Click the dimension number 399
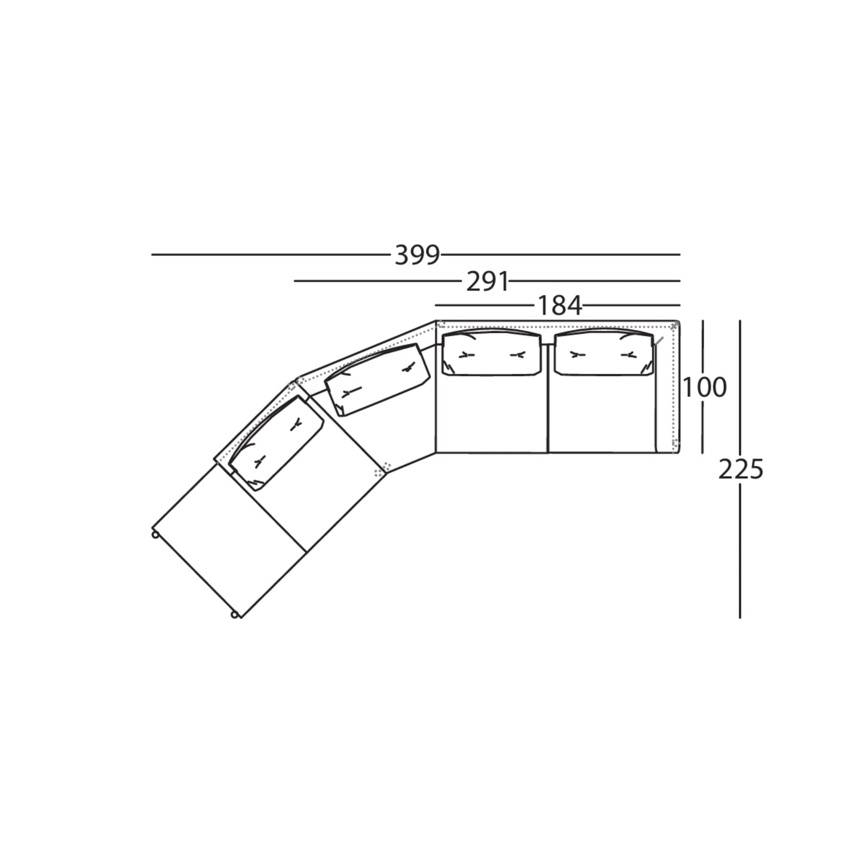point(417,256)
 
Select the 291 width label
point(487,282)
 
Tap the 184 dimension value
point(560,306)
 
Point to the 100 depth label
point(704,388)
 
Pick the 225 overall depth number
point(741,470)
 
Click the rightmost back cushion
point(604,354)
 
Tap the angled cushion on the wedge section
point(376,380)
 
